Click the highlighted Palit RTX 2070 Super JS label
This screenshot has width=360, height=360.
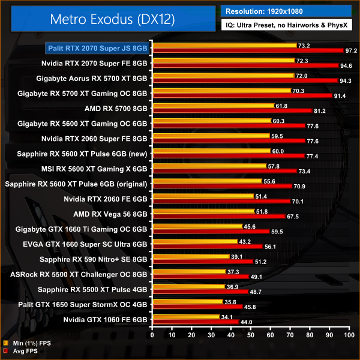(x=98, y=48)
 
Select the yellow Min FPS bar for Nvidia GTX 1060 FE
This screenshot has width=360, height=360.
(x=187, y=316)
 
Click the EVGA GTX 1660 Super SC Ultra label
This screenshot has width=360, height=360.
(x=94, y=244)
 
